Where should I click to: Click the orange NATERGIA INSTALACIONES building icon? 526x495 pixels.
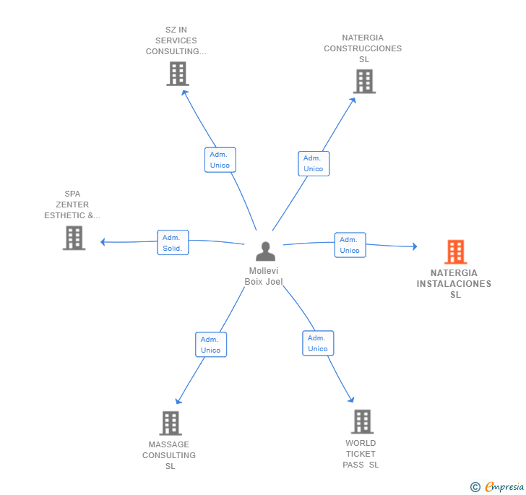pyautogui.click(x=455, y=251)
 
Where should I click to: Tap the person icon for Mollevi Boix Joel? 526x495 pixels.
pyautogui.click(x=265, y=251)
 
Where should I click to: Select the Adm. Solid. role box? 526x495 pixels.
pyautogui.click(x=173, y=242)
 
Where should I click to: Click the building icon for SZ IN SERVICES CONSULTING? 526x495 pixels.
pyautogui.click(x=178, y=74)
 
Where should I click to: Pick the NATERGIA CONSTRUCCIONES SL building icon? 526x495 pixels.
pyautogui.click(x=364, y=81)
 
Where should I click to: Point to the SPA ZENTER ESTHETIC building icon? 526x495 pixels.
pyautogui.click(x=74, y=238)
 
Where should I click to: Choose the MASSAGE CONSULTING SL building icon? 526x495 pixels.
pyautogui.click(x=171, y=423)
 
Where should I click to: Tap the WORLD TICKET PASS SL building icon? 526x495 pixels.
pyautogui.click(x=362, y=421)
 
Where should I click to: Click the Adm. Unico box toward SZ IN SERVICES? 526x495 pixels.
pyautogui.click(x=220, y=160)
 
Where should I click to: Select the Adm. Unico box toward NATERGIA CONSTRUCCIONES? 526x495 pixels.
pyautogui.click(x=314, y=163)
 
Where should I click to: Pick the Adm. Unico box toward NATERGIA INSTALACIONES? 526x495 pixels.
pyautogui.click(x=350, y=245)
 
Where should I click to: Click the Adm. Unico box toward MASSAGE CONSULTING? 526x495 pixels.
pyautogui.click(x=211, y=344)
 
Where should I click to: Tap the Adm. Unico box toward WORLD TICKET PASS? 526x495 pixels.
pyautogui.click(x=318, y=343)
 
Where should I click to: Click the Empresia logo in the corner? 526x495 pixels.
pyautogui.click(x=504, y=486)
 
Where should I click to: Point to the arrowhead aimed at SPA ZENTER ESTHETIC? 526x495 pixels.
pyautogui.click(x=103, y=242)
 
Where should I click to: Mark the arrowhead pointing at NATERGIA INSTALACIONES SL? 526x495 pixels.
pyautogui.click(x=415, y=246)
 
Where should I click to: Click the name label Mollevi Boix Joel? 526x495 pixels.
pyautogui.click(x=264, y=276)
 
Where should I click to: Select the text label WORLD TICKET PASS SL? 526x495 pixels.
pyautogui.click(x=361, y=454)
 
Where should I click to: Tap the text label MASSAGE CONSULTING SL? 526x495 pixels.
pyautogui.click(x=169, y=455)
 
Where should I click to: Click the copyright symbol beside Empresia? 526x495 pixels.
pyautogui.click(x=475, y=486)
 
